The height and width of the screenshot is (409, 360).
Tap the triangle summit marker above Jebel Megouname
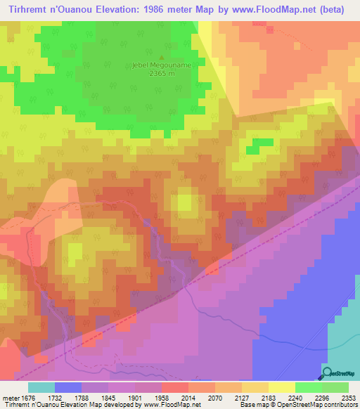(x=162, y=58)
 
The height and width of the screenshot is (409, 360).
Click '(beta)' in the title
(x=341, y=9)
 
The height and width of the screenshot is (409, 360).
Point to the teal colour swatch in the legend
(x=41, y=387)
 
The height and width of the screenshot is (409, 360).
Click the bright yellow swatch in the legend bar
(x=281, y=387)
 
